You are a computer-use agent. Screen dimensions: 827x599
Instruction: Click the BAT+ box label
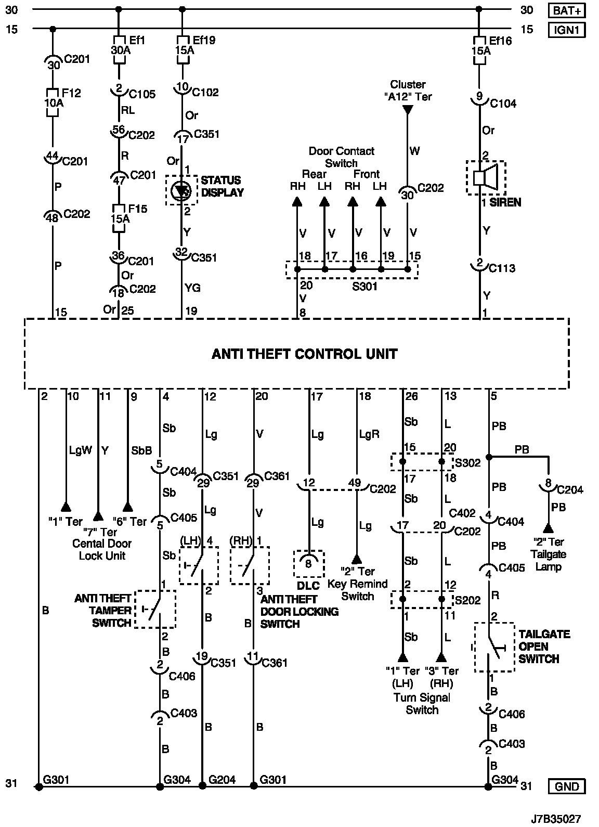click(x=567, y=10)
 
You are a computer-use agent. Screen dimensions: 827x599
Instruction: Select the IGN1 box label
click(x=567, y=30)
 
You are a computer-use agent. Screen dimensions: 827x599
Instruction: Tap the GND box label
click(x=567, y=786)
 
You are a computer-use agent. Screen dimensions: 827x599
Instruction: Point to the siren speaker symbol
click(x=486, y=177)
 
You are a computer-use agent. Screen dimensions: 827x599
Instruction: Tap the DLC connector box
click(x=308, y=564)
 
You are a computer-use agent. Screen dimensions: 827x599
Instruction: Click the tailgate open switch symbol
click(x=494, y=647)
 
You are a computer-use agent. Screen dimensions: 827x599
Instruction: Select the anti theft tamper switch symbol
click(x=155, y=609)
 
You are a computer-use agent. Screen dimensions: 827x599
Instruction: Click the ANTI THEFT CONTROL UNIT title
click(x=304, y=354)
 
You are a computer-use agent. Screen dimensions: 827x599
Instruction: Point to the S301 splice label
click(x=364, y=286)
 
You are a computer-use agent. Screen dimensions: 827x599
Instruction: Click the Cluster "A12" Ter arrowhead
click(x=408, y=110)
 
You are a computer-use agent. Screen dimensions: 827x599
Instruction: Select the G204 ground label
click(x=222, y=780)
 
